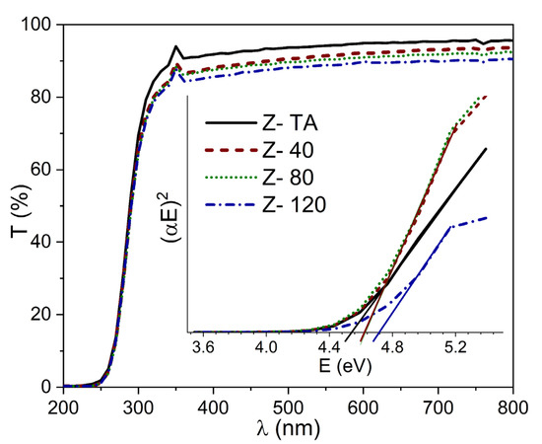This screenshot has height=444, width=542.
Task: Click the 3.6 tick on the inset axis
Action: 204,348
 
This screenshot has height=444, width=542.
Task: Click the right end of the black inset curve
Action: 487,149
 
